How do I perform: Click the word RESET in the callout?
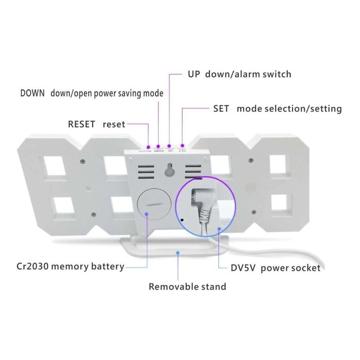tap(81, 125)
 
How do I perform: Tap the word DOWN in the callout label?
tap(32, 94)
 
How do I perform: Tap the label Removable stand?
tap(188, 287)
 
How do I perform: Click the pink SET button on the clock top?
tap(182, 146)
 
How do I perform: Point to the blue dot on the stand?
tap(177, 253)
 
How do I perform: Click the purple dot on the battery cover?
tap(148, 214)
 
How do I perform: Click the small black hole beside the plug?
tap(182, 219)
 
